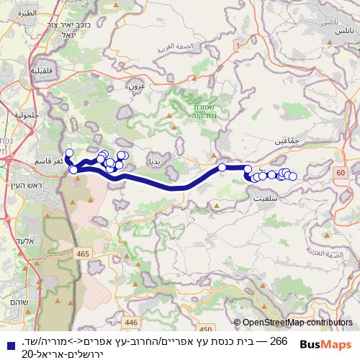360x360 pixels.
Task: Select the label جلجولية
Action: [24, 114]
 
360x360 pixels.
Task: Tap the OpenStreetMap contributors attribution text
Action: [297, 323]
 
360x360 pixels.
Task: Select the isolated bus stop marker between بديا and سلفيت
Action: [222, 168]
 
